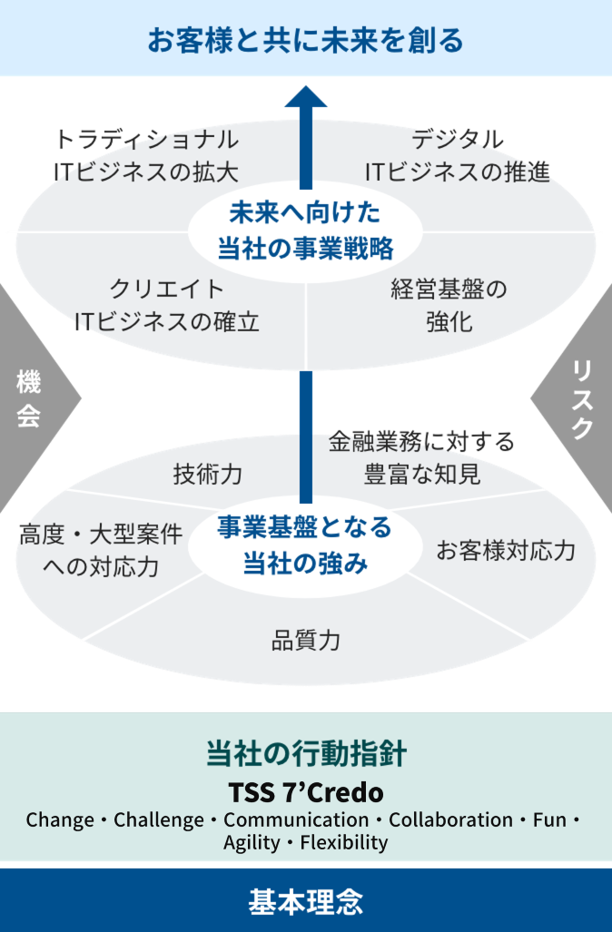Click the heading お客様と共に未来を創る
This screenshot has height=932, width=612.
pos(306,40)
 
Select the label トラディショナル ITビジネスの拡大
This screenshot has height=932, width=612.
pos(146,155)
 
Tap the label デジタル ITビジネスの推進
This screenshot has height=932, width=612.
pos(458,155)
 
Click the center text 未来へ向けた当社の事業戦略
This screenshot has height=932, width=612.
pos(305,230)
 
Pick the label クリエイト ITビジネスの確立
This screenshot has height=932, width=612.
pos(167,305)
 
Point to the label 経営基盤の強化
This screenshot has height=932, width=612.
pos(449,305)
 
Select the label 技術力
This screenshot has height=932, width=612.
pos(208,473)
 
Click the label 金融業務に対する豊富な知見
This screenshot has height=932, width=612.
pos(421,457)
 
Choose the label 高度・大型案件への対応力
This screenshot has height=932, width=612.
pos(100,550)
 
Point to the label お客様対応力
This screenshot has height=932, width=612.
pos(506,550)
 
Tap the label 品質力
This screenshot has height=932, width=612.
pos(306,640)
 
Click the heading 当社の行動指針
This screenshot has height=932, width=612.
pos(306,754)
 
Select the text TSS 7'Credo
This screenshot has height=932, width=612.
pos(306,791)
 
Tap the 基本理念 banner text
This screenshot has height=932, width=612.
pos(306,901)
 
